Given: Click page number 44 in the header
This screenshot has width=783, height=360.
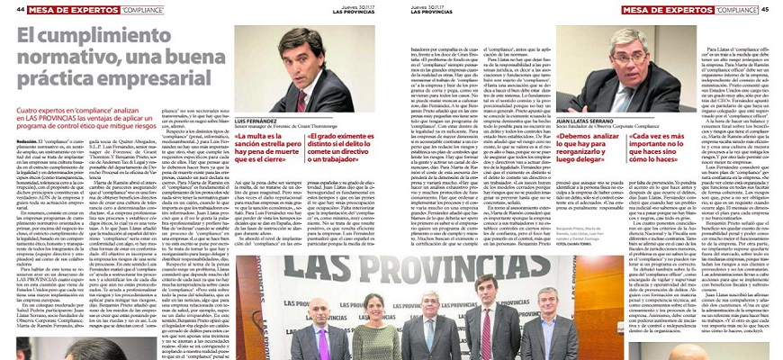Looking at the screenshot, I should tap(8, 8).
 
